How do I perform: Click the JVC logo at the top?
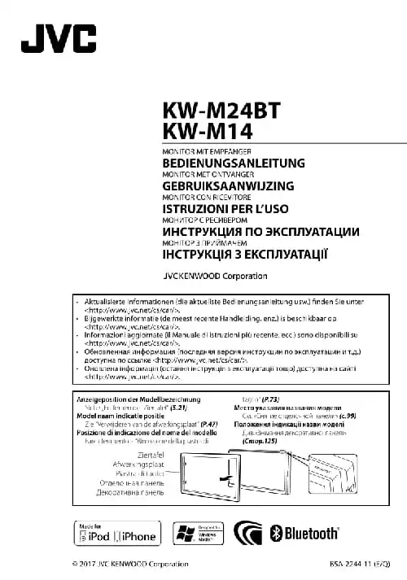click(59, 39)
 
